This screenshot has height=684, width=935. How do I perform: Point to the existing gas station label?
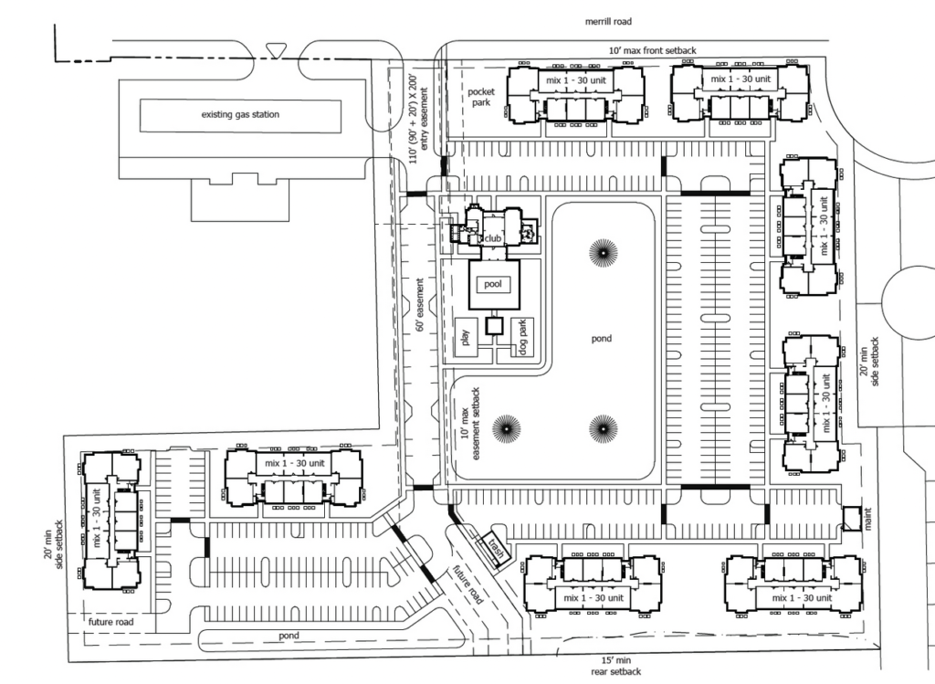tap(240, 115)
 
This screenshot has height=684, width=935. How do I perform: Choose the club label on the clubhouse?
tap(493, 238)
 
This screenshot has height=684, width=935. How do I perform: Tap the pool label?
tap(494, 285)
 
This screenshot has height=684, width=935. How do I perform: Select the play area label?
tap(465, 339)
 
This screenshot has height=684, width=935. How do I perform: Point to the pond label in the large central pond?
tap(601, 339)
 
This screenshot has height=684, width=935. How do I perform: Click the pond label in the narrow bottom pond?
tap(289, 636)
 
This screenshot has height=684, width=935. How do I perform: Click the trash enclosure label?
tap(496, 550)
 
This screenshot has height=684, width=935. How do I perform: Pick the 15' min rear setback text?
tap(615, 666)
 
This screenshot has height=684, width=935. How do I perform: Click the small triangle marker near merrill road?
tap(274, 49)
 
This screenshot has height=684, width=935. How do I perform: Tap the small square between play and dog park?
tap(494, 325)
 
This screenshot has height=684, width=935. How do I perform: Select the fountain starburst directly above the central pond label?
tap(602, 252)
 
